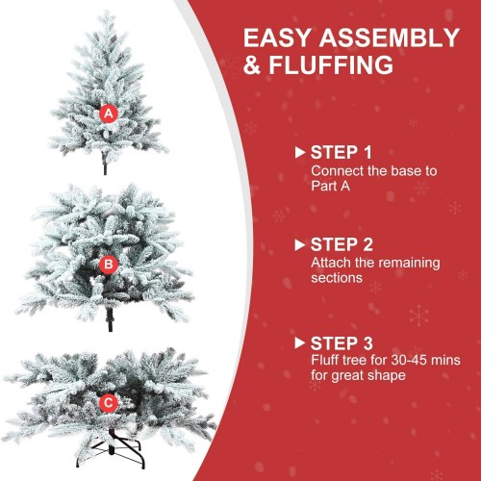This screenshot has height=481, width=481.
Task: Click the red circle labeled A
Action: pos(109,114)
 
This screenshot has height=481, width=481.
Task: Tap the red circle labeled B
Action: pos(109,265)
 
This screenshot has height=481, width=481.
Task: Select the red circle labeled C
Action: pos(109,403)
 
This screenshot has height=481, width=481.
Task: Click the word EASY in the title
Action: pos(278,38)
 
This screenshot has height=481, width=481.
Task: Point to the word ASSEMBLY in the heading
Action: pos(390,38)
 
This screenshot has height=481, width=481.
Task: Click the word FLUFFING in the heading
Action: pos(331,65)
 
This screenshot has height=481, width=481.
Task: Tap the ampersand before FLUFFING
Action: pos(252,65)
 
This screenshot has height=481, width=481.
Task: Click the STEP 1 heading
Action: pos(341,152)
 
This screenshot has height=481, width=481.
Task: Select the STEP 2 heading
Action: pos(342,244)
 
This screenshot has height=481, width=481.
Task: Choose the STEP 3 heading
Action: pos(342,343)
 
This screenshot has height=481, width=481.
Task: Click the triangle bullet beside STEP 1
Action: pos(300,152)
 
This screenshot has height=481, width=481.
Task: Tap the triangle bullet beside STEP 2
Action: pos(300,245)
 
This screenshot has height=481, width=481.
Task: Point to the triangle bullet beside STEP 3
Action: pos(300,343)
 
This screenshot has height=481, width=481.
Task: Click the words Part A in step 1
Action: pos(330,186)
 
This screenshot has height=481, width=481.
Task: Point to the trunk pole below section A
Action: pos(105,165)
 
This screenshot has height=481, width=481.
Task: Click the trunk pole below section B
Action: pos(110,319)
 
